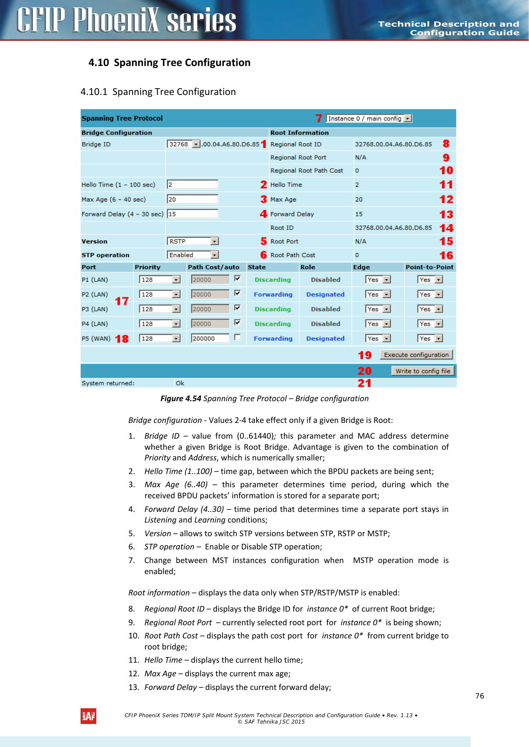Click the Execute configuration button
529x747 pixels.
[416, 355]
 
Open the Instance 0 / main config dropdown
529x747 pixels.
[369, 118]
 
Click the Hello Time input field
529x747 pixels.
[193, 184]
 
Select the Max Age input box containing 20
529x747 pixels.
[193, 199]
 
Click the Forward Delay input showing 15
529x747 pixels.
[193, 214]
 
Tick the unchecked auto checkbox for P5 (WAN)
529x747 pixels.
[237, 337]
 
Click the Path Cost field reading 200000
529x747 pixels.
[210, 339]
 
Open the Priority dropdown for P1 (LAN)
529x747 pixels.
[160, 280]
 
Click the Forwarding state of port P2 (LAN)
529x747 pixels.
[273, 294]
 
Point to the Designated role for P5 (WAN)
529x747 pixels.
[325, 339]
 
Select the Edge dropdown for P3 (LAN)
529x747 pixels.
[378, 309]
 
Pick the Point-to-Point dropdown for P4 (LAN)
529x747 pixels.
[430, 324]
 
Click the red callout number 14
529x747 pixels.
[446, 228]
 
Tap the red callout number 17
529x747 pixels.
[122, 301]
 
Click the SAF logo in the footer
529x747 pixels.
[88, 716]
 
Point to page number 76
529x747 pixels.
[480, 696]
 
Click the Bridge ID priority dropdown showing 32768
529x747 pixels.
[184, 144]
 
